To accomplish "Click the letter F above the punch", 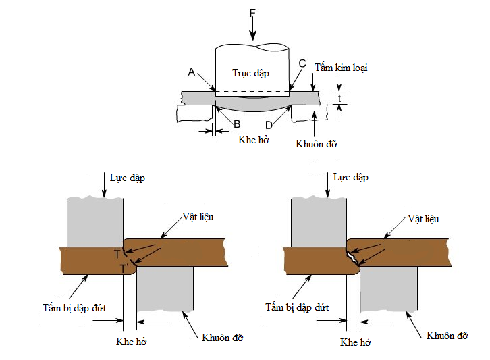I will click(252, 11).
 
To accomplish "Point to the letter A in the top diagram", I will click(192, 72).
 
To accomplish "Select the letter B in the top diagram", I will click(236, 124).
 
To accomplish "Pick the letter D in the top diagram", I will click(270, 124).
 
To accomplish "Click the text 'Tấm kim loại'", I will click(341, 68).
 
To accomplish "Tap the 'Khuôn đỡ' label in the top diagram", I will click(317, 143).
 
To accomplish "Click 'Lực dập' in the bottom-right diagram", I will click(350, 178).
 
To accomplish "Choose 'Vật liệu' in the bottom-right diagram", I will click(423, 219).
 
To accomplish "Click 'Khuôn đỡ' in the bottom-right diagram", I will click(446, 336).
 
